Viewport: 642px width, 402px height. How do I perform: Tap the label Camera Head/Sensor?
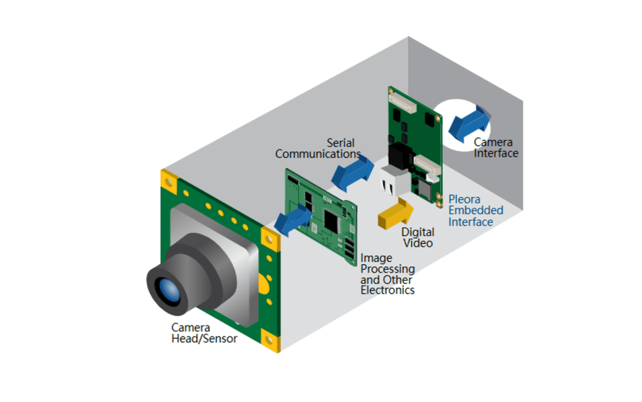[204, 333]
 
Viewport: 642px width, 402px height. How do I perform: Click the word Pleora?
[465, 200]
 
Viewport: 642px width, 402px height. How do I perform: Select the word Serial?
[342, 142]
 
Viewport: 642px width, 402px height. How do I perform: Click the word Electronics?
[387, 290]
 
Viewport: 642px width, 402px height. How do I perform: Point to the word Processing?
[387, 268]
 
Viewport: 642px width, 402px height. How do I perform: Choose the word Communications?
[318, 154]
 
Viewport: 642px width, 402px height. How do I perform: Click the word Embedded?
[476, 211]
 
